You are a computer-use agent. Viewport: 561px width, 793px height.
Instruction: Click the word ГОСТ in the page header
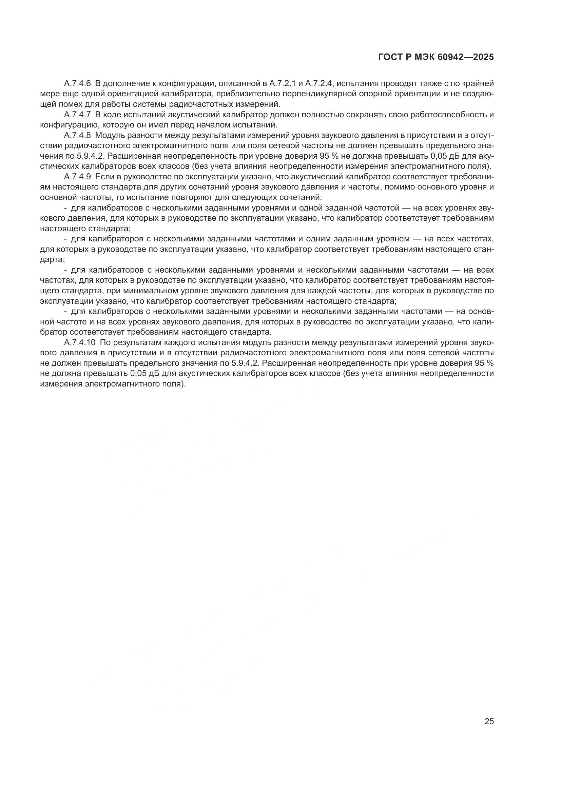coord(389,57)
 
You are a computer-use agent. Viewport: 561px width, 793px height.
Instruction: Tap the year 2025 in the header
coord(483,57)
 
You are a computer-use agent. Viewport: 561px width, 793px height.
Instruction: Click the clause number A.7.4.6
coord(77,84)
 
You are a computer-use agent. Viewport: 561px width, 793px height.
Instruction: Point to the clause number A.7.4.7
coord(77,115)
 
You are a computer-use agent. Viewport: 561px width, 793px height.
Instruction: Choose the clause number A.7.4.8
coord(77,135)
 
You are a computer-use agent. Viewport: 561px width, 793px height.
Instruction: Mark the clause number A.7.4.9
coord(77,177)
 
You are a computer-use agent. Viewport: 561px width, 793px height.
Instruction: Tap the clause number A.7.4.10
coord(79,343)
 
